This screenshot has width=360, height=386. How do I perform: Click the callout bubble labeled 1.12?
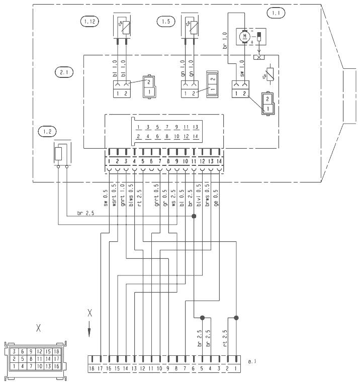click(90, 22)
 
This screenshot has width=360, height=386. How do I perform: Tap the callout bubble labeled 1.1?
click(274, 14)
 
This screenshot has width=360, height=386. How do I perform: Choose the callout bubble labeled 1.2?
click(47, 132)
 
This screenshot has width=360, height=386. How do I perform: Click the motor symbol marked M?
click(245, 36)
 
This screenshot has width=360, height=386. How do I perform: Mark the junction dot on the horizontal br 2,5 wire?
click(194, 217)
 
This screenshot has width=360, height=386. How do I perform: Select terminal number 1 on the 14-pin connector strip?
click(109, 161)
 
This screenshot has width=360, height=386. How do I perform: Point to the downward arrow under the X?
click(90, 332)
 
